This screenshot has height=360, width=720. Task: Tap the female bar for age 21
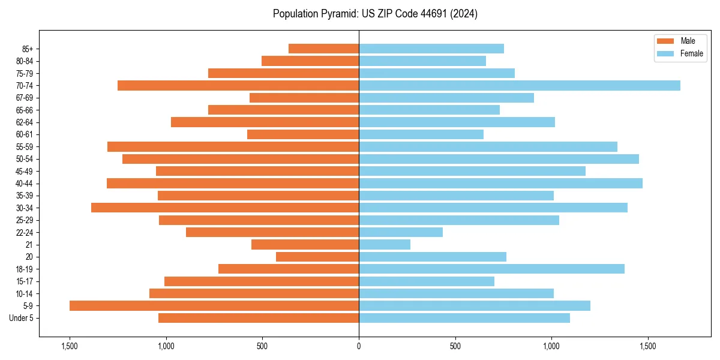pos(385,244)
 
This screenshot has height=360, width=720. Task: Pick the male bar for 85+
pos(323,49)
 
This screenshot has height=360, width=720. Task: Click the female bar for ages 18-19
pos(491,269)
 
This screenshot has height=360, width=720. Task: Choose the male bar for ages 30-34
pos(225,208)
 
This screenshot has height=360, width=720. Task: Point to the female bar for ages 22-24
pos(401,232)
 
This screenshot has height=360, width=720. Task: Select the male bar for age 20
pos(317,257)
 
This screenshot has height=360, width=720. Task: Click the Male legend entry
pos(688,41)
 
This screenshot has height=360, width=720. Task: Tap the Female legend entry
pos(691,53)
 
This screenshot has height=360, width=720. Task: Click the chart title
pos(375,14)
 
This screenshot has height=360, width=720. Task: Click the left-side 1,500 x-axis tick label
pos(70,346)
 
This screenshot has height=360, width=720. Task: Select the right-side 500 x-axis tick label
pos(455,346)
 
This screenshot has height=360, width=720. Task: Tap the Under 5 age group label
pos(22,318)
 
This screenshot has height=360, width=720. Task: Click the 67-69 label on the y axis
pos(25,98)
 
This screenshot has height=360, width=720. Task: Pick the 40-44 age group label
pos(25,184)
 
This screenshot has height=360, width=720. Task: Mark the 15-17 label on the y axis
pos(25,281)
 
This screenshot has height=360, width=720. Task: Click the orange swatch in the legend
pos(665,41)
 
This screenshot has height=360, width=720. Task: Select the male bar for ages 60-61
pos(303,134)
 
